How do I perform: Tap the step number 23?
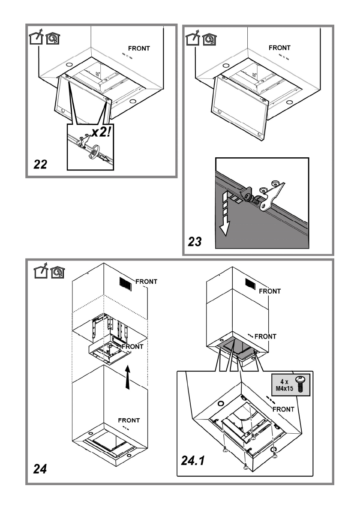(197, 241)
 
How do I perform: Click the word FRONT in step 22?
(139, 48)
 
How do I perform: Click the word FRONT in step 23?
(279, 48)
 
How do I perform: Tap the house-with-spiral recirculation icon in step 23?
(210, 39)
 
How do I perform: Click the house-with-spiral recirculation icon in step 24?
(57, 271)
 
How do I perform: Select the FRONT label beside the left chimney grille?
(146, 282)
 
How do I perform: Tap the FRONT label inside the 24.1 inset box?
(283, 409)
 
